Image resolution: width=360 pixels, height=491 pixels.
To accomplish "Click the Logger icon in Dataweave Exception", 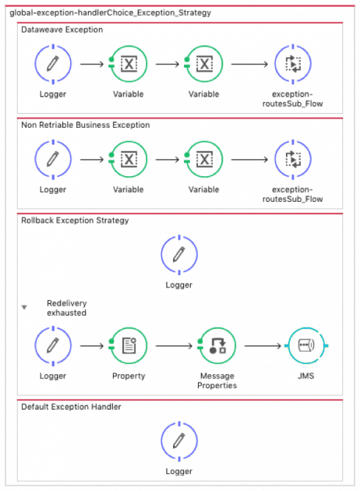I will (53, 65).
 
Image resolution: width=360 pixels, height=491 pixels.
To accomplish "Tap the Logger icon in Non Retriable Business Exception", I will (53, 159).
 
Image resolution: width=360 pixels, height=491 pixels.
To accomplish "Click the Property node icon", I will (129, 346).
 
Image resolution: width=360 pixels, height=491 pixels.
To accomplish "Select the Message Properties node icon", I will (217, 346).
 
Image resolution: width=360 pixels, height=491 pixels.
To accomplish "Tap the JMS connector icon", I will (305, 346).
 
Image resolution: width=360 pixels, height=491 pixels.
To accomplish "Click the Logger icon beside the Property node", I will (53, 346).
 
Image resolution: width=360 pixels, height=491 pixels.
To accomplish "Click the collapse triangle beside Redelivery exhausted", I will (24, 307).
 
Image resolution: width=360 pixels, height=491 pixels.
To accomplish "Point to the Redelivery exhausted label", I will (66, 308).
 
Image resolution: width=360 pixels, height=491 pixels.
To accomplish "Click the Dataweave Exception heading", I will (62, 30).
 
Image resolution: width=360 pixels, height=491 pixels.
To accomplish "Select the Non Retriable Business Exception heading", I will (86, 125).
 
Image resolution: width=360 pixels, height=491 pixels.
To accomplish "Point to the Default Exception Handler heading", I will (71, 406).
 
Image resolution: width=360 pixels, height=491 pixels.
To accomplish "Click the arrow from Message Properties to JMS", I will (262, 346).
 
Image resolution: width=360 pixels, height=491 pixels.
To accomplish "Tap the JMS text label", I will (305, 376).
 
